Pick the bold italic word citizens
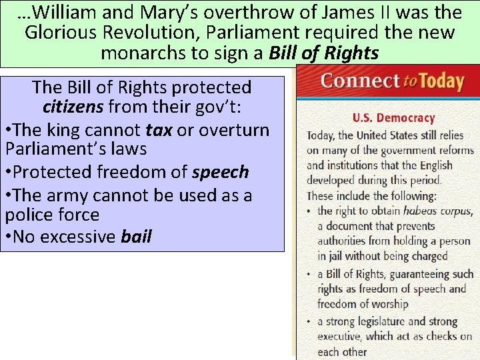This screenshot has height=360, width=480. [73, 107]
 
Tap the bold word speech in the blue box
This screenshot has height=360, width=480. [220, 172]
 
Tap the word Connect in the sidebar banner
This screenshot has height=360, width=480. [359, 81]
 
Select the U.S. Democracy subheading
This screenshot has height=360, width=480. [393, 118]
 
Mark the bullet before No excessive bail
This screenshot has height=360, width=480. [9, 237]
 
